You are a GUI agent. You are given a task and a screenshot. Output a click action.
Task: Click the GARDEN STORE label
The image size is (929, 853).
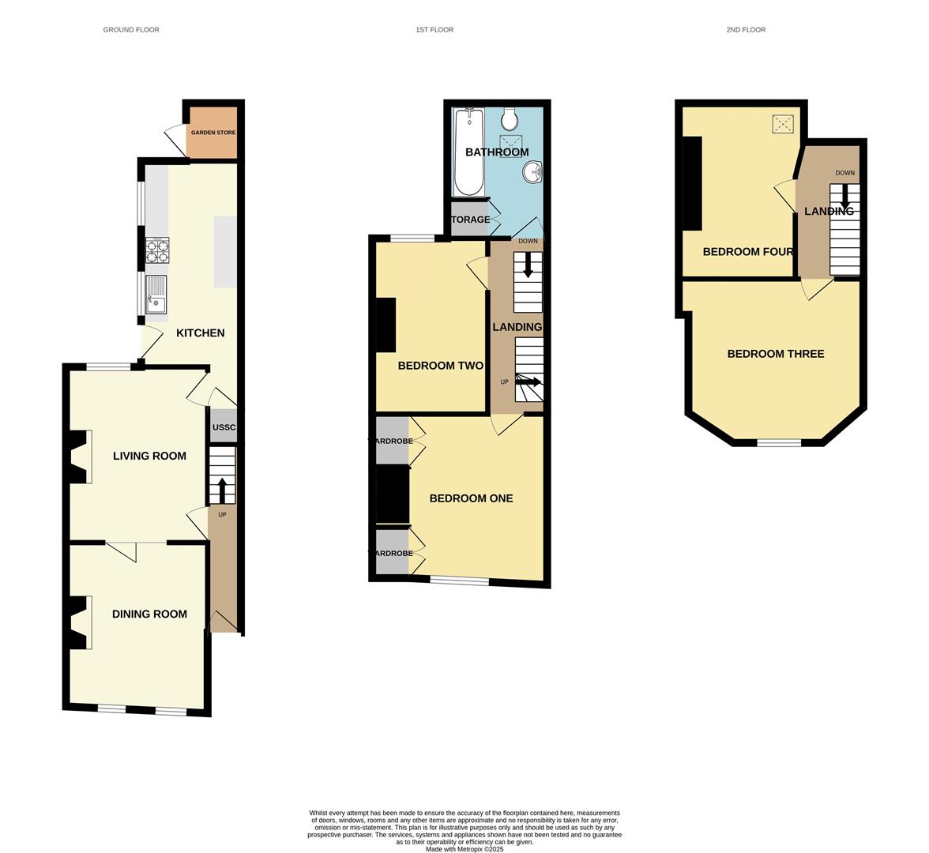tap(213, 133)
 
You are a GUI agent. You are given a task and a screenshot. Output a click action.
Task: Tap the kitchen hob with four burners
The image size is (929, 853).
tap(157, 250)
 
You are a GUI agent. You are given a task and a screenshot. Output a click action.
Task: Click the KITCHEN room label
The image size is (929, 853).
tap(200, 333)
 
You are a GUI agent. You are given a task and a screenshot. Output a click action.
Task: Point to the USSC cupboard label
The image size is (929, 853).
tap(224, 427)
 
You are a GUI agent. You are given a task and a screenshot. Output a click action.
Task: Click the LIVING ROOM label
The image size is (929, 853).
tap(149, 456)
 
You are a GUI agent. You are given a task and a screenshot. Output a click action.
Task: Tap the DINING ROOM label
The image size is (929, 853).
tap(149, 614)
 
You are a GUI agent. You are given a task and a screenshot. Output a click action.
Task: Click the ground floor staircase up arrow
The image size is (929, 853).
tap(221, 490)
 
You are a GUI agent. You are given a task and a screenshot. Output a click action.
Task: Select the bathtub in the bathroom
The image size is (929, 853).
tap(468, 152)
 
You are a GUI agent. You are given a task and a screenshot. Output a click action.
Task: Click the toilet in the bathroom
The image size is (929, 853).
tap(510, 118)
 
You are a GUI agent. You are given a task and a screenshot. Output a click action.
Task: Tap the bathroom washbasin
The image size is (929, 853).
tap(533, 171)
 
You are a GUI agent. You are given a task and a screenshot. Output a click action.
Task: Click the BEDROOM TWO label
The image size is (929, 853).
tap(440, 366)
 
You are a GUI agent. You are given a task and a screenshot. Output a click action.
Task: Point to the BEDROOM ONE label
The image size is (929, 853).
tap(471, 498)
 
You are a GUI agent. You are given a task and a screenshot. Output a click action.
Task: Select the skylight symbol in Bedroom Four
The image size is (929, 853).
tap(783, 123)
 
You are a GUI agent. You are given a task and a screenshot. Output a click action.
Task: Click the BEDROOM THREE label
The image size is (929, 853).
tap(775, 354)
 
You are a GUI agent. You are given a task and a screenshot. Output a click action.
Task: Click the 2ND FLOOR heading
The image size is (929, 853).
tap(746, 30)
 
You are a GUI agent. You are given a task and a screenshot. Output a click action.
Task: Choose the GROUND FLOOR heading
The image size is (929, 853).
tap(131, 30)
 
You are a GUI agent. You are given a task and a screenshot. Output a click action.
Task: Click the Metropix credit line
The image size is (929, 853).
tap(464, 849)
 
